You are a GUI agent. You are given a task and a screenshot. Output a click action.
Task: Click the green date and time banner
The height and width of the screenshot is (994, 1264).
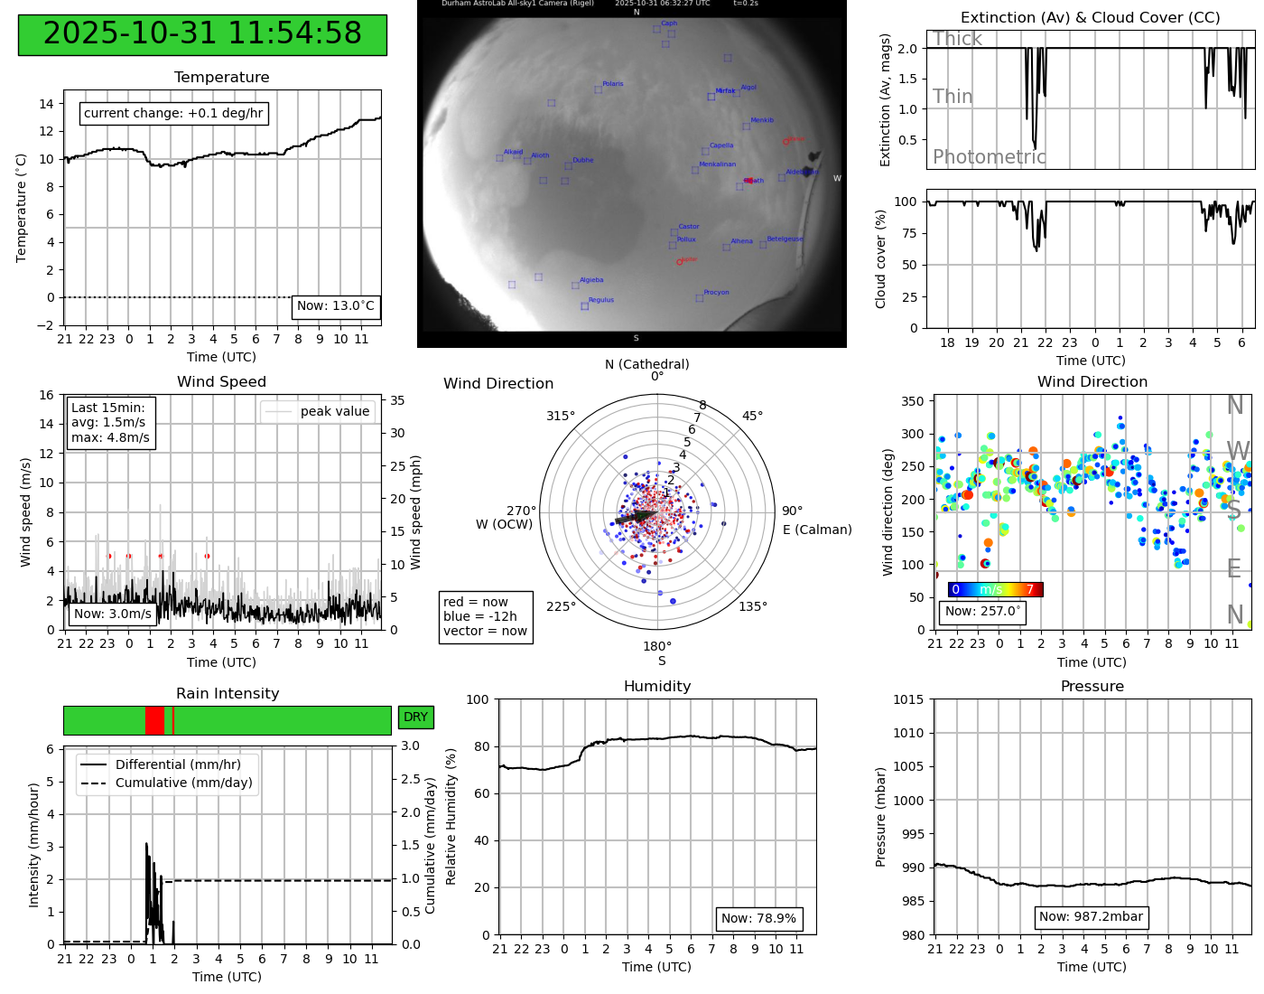tap(202, 34)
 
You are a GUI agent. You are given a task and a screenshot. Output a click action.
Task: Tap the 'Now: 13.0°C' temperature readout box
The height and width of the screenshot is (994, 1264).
tap(336, 306)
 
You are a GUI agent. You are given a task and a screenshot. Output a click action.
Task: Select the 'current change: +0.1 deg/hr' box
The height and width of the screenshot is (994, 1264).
tap(173, 113)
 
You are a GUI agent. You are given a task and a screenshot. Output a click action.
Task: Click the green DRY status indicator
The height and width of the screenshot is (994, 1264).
tap(415, 717)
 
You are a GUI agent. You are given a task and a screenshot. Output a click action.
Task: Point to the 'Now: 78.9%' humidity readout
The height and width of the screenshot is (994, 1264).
tap(758, 919)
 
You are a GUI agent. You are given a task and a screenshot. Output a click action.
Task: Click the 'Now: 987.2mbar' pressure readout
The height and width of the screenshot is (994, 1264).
tap(1091, 917)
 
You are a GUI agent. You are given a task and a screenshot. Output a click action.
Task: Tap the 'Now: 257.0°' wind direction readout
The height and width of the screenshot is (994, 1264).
tap(982, 612)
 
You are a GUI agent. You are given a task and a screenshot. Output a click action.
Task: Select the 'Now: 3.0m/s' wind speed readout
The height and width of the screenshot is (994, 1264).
tap(113, 614)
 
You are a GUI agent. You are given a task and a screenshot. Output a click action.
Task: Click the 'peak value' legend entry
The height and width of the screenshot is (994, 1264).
tap(334, 411)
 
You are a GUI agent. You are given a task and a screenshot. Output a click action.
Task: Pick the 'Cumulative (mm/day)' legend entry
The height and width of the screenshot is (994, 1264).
tap(183, 783)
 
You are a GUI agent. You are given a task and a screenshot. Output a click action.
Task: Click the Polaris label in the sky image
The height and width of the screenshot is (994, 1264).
tap(612, 84)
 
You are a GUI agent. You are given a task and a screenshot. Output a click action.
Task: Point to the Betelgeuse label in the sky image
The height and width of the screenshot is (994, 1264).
tap(784, 239)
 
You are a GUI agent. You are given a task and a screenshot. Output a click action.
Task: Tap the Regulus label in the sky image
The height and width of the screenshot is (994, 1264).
tap(600, 300)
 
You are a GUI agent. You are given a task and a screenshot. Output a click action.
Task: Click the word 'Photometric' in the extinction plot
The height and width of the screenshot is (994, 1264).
tap(989, 157)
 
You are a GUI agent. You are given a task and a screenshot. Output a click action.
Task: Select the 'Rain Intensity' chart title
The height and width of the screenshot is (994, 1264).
tap(228, 693)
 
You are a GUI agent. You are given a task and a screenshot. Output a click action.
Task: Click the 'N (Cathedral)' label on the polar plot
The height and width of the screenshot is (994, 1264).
tap(646, 364)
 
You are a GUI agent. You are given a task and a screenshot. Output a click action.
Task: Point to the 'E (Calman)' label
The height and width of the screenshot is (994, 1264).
tap(817, 530)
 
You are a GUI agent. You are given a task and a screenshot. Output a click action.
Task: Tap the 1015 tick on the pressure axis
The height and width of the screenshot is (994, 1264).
tap(908, 699)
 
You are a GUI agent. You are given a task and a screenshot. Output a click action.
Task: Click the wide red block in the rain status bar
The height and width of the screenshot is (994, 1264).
tap(154, 720)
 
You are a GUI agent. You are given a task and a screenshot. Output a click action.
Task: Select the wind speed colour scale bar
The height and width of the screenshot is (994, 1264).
tap(995, 590)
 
